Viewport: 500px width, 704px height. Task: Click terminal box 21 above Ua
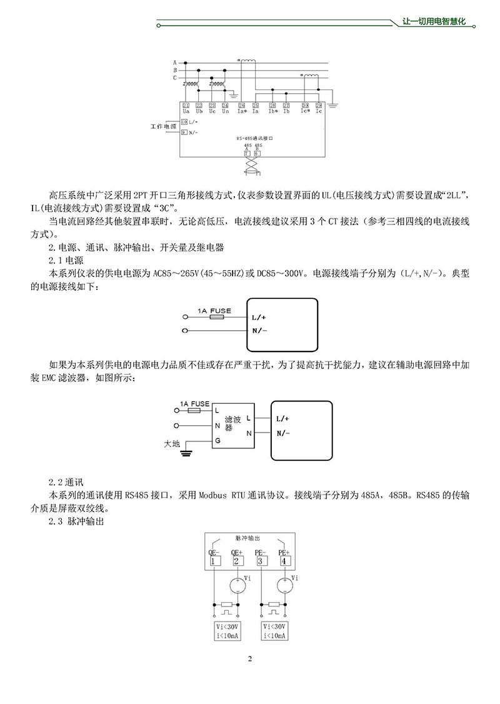coord(186,105)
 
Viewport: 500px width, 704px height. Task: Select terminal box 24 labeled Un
coord(225,105)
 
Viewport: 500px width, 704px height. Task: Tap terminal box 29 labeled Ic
coord(319,105)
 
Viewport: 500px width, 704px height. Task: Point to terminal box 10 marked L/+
coord(184,121)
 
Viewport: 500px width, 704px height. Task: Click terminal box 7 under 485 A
coord(247,153)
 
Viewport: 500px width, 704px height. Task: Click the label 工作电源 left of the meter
coord(163,126)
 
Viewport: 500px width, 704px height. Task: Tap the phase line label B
coord(176,70)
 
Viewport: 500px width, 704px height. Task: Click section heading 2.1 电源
coord(66,259)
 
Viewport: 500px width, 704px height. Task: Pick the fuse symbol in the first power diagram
coord(217,317)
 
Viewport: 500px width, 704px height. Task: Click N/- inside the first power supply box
coord(260,330)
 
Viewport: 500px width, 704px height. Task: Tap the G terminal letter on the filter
coord(217,441)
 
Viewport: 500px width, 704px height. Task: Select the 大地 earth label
coord(171,444)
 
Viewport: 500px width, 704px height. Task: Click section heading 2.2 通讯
coord(66,483)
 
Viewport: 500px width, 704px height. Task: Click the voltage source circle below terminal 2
coord(236,586)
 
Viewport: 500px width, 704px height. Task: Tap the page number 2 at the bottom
coord(249,658)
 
